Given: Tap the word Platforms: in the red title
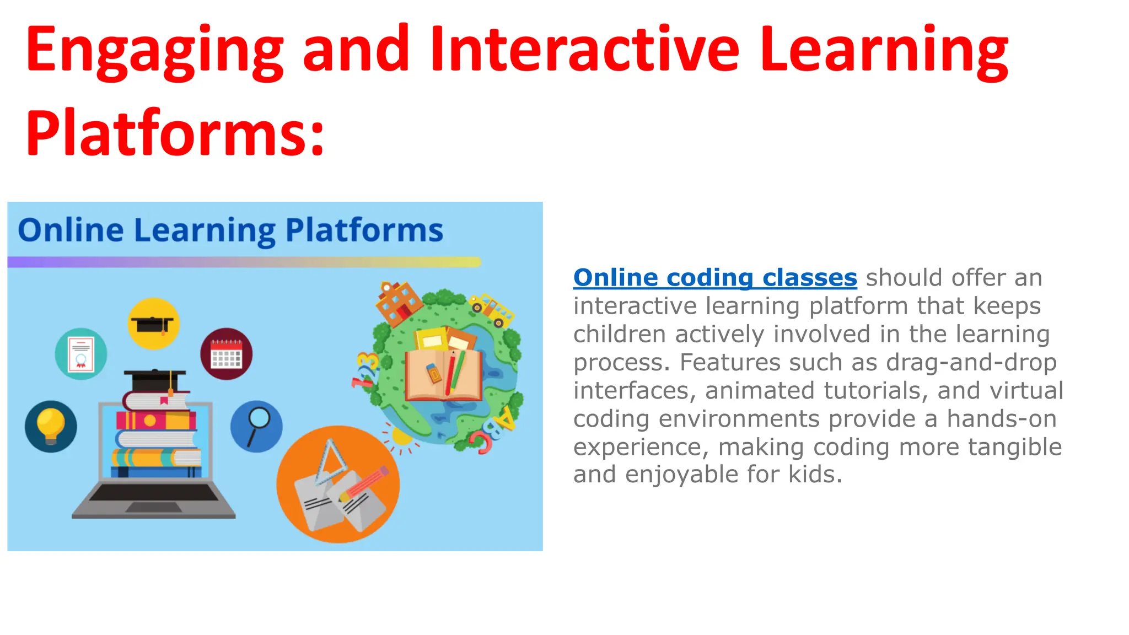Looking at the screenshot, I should point(175,134).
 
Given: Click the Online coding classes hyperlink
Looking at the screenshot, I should point(715,277).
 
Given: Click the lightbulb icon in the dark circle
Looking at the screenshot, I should point(51,426).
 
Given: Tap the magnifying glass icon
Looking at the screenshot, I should point(256,426).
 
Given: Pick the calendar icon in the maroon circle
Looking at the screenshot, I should point(226,354).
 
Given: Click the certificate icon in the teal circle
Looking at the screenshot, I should point(81,354).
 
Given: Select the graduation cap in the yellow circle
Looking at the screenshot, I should point(153,324).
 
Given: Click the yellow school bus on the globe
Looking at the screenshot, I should point(492,309).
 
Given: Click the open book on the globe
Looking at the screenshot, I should point(443,375).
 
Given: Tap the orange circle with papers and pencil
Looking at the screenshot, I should point(338,485).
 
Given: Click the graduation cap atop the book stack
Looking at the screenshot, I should point(155,379).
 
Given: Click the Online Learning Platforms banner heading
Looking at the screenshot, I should point(230,230).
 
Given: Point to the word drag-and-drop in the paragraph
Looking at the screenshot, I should point(971,362).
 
